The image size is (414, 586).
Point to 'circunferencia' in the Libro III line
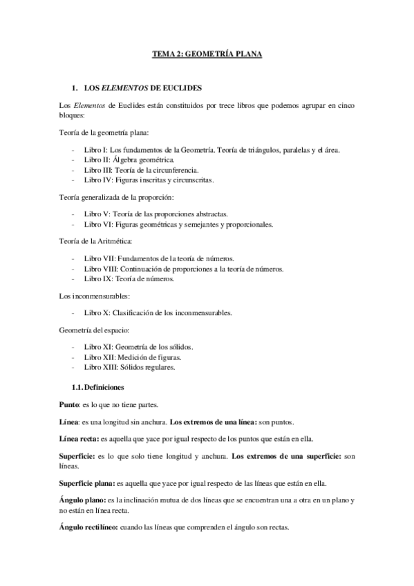coord(178,169)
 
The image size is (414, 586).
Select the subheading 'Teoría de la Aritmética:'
coord(91,243)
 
